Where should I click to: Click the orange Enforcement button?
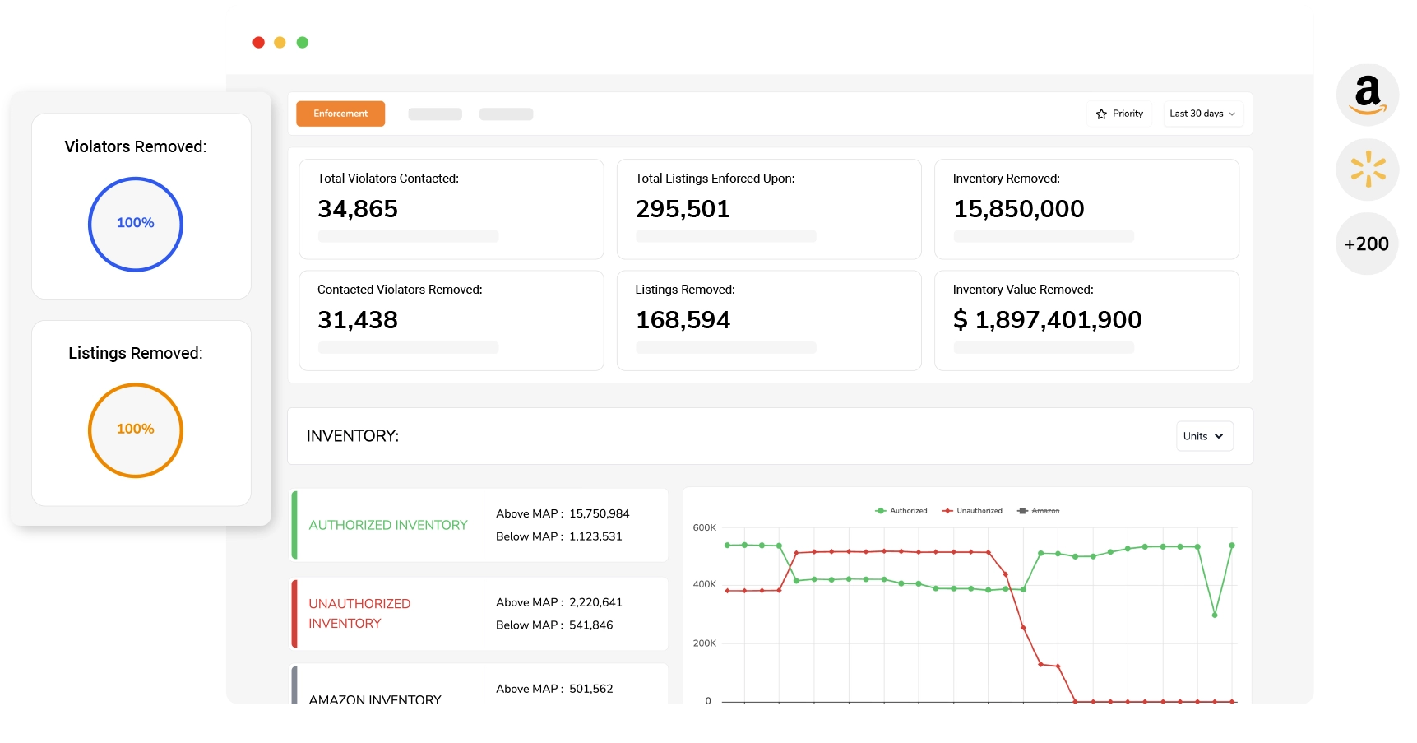tap(340, 114)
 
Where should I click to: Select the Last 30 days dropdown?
tap(1202, 114)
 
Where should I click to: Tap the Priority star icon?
tap(1101, 114)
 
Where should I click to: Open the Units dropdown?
tap(1204, 436)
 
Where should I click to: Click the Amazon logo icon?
tap(1367, 95)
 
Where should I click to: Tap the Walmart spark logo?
tap(1368, 169)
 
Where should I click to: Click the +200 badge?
tap(1367, 244)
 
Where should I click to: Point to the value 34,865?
tap(358, 209)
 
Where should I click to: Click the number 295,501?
tap(683, 209)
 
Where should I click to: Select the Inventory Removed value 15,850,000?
tap(1019, 209)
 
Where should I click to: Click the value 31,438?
tap(358, 320)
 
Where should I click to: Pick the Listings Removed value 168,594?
tap(683, 320)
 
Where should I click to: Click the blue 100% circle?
tap(136, 179)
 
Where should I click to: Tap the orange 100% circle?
tap(136, 385)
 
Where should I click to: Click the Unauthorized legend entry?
tap(972, 511)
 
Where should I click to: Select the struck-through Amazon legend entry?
tap(1039, 511)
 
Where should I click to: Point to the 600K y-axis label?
tap(705, 527)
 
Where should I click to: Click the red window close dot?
tap(258, 42)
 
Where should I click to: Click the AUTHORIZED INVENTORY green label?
tap(388, 525)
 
